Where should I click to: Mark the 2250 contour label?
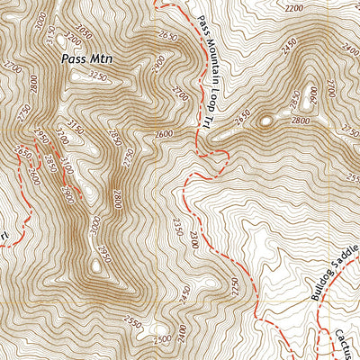coord(236,287)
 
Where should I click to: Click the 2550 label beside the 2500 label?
coord(133,322)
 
